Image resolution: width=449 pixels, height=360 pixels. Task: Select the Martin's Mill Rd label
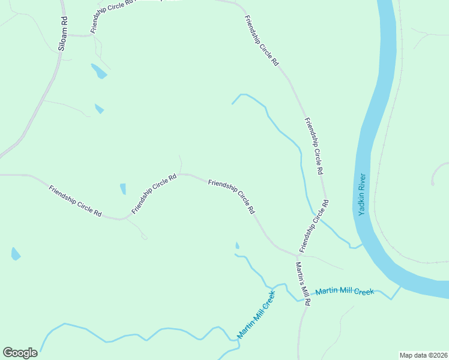pos(302,284)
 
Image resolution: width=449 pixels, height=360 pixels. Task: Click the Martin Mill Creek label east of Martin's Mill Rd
pos(345,291)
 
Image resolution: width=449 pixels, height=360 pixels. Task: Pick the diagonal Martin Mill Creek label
pos(256,315)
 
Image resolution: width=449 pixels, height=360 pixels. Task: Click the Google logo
pos(20,352)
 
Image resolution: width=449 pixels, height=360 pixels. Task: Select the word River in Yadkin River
pos(361,182)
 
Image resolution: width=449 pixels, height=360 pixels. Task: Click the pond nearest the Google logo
pos(16,254)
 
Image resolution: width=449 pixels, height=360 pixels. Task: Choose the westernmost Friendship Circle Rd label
pos(75,202)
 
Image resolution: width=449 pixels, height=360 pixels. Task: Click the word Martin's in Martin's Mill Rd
pos(299,273)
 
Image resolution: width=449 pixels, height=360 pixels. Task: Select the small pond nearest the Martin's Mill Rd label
pos(237,245)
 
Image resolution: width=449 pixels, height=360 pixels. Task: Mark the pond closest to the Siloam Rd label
pos(98,71)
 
